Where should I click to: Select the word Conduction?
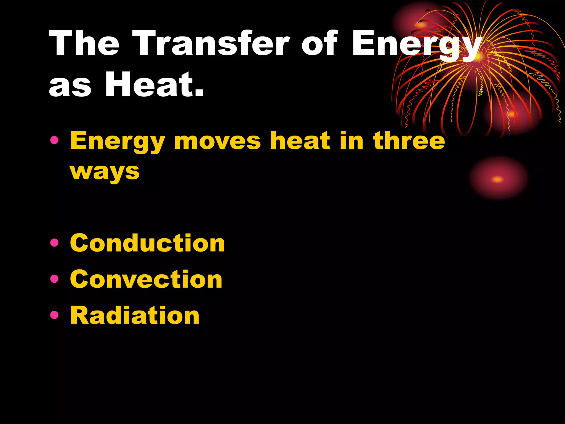[147, 243]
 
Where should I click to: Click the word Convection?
[146, 279]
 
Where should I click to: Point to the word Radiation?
[135, 315]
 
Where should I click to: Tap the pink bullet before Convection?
[55, 279]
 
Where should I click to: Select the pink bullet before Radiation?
[55, 315]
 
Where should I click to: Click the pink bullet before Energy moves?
[55, 141]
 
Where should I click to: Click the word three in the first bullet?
[409, 141]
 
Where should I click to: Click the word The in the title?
[84, 44]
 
